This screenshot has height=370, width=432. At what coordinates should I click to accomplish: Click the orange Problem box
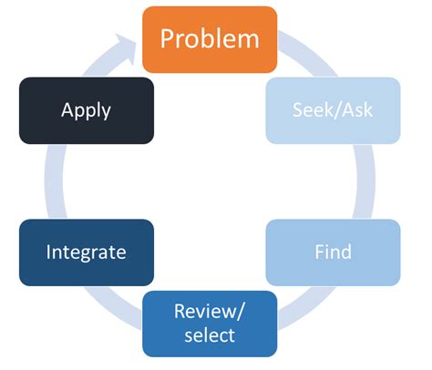[210, 39]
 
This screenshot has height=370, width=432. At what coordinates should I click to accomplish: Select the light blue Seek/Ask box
[333, 110]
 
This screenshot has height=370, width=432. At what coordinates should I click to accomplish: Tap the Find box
[333, 252]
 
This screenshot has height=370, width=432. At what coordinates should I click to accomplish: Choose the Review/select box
[210, 324]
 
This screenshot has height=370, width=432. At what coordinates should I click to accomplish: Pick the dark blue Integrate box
[86, 252]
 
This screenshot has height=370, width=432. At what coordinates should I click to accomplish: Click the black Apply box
[86, 110]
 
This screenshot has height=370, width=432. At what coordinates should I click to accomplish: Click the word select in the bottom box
[210, 335]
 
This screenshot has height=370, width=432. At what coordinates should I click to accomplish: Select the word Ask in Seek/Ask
[354, 110]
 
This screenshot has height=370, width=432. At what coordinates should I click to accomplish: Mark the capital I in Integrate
[48, 252]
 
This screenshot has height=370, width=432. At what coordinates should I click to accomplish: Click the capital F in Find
[319, 252]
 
